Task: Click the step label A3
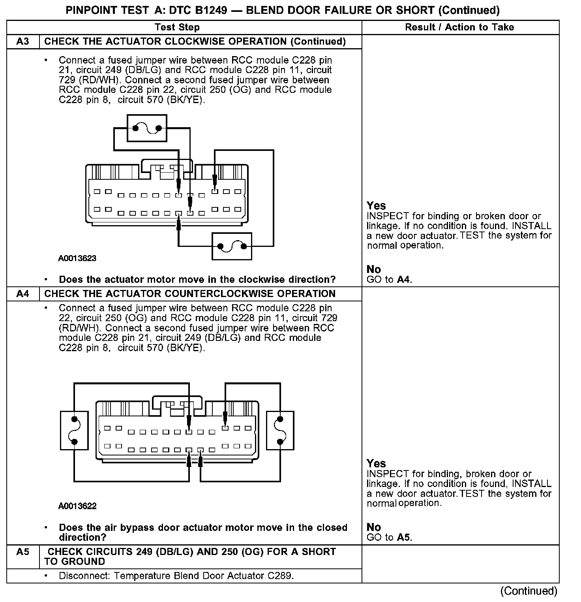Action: tap(23, 41)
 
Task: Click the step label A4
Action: tap(23, 294)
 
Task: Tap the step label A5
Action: tap(23, 552)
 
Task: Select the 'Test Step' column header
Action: tap(177, 27)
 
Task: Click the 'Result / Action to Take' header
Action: tap(459, 27)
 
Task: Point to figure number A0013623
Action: tap(77, 258)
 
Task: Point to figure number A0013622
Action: tap(77, 506)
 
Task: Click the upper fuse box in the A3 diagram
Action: tap(147, 128)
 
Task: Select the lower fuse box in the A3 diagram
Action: tap(232, 246)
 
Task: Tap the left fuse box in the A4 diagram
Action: tap(74, 430)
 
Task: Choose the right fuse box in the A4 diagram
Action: tap(280, 430)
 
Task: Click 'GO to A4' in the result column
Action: tap(389, 280)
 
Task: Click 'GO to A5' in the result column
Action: tap(389, 537)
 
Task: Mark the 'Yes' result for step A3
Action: tap(376, 205)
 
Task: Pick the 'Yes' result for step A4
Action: tap(376, 463)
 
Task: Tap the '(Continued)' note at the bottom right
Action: tap(529, 591)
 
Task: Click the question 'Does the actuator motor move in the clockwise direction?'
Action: tap(197, 280)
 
